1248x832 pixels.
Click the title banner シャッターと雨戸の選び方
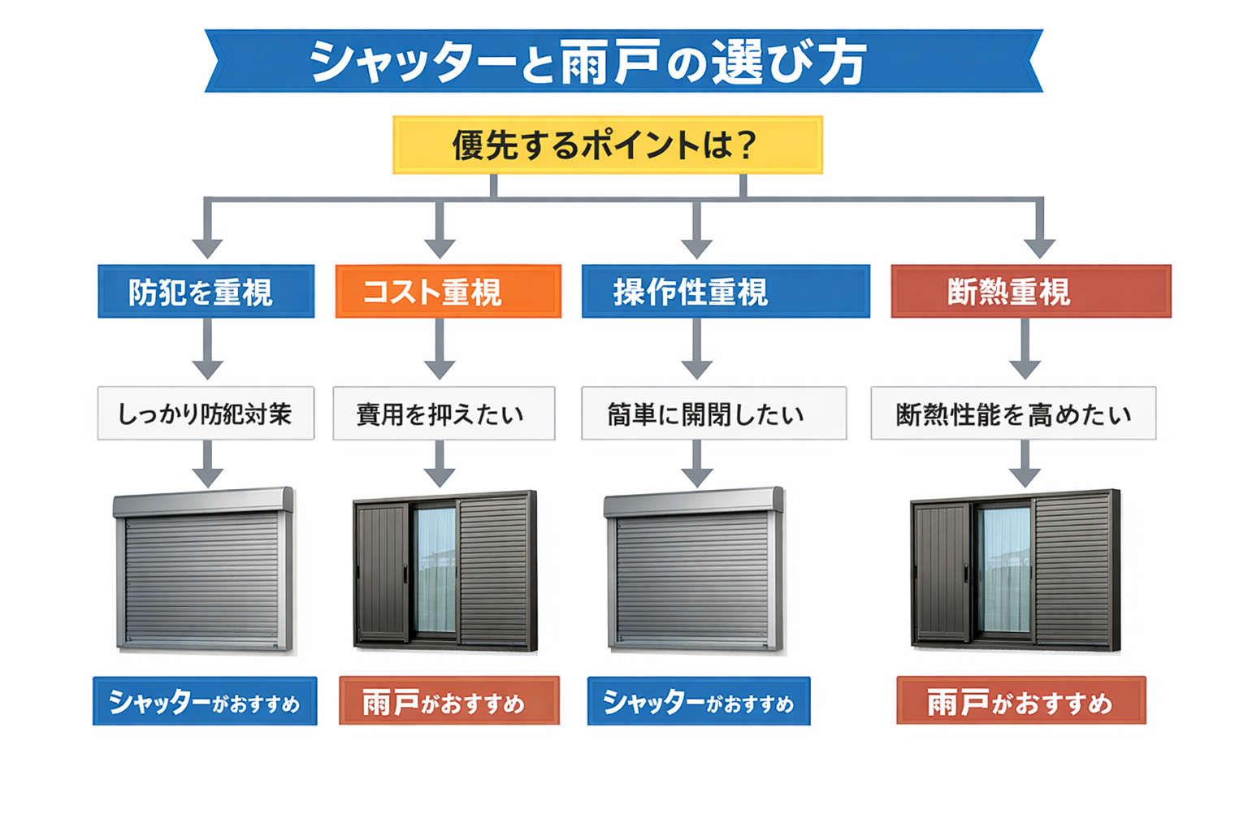(x=623, y=61)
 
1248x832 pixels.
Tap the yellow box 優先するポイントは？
(x=607, y=145)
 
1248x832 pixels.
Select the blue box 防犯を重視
(x=206, y=291)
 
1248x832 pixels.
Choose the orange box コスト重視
(x=448, y=291)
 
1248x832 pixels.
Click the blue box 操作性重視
(x=725, y=291)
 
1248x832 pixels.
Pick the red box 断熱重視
(x=1030, y=291)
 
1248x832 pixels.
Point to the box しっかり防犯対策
(x=206, y=414)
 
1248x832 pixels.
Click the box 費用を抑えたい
(x=444, y=414)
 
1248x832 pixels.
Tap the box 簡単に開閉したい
(x=713, y=414)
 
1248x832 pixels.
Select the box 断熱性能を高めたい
(x=1013, y=414)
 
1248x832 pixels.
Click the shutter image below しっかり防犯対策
(x=205, y=570)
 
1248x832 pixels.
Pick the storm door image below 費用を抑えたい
(x=445, y=570)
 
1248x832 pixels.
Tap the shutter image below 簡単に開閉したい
(x=695, y=570)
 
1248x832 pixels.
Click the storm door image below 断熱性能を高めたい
(x=1016, y=570)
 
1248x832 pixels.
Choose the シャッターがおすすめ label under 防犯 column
(x=205, y=701)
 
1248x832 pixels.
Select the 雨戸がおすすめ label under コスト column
(x=448, y=701)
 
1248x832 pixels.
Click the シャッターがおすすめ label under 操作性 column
(x=699, y=701)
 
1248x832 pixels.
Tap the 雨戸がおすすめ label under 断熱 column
(x=1020, y=701)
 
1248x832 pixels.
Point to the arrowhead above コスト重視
(x=440, y=247)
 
